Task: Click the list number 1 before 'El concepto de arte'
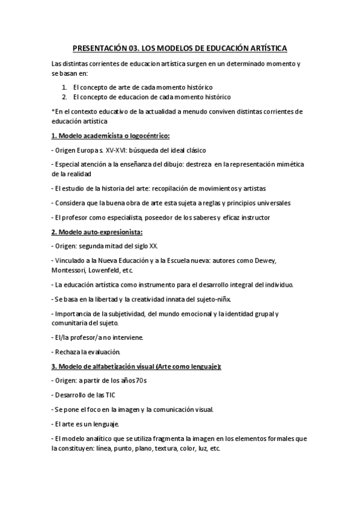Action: click(x=64, y=87)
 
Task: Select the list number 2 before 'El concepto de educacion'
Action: click(x=64, y=96)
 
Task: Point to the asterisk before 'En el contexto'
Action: click(x=53, y=111)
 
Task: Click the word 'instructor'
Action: click(x=252, y=217)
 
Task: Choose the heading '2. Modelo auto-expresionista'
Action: click(x=101, y=232)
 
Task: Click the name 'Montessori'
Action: click(x=71, y=270)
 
